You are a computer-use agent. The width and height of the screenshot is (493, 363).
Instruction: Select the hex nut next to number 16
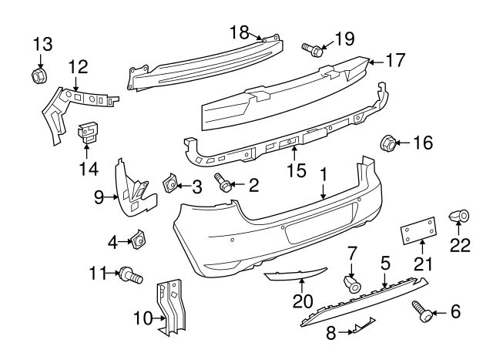[x=389, y=143]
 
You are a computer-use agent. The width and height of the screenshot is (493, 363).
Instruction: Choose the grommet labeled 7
[x=354, y=284]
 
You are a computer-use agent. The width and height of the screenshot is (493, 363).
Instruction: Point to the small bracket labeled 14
[x=90, y=133]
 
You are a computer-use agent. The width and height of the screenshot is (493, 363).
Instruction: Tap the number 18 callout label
[x=240, y=32]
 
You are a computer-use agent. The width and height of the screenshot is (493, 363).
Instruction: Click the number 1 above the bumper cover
[x=324, y=175]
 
